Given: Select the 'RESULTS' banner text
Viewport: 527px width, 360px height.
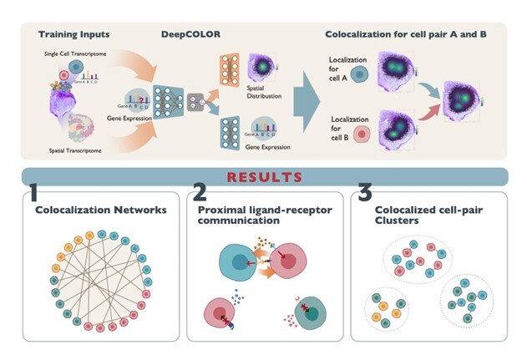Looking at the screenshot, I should pyautogui.click(x=263, y=177).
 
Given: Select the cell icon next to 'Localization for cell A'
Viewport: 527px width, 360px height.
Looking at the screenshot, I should pyautogui.click(x=358, y=74).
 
